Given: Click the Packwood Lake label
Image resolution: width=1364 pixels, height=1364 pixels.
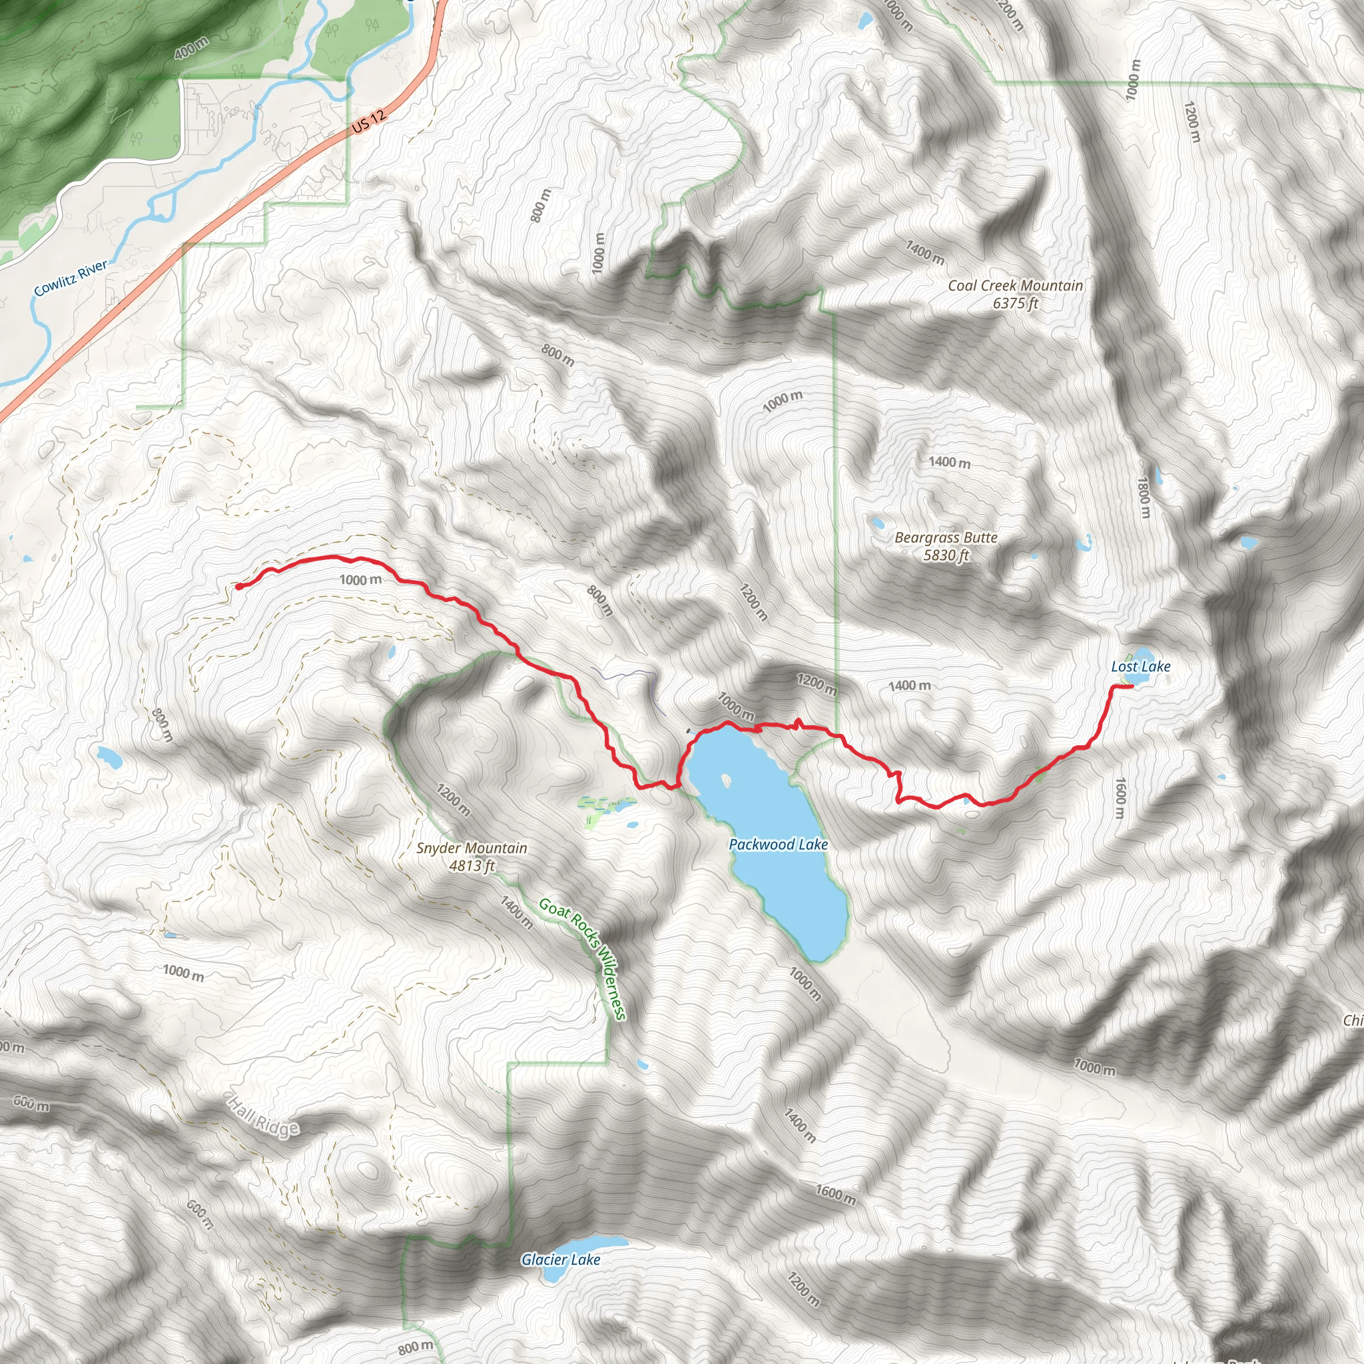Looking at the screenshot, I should point(778,845).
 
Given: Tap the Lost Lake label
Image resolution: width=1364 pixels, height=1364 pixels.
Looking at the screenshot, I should point(1140,667).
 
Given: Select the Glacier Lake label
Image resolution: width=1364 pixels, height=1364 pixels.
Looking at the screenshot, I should point(561,1260).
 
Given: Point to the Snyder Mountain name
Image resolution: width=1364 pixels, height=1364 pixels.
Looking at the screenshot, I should point(472,848).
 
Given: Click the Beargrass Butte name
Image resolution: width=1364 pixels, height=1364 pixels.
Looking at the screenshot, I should point(946,538).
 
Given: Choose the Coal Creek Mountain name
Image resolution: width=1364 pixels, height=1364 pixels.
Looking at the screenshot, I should point(1014,286).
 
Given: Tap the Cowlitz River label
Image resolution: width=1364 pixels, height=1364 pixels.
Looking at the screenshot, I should point(71,278).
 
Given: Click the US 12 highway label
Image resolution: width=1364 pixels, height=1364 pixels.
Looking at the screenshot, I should point(368,121).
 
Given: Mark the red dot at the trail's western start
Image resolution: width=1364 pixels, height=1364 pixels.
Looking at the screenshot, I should point(239,586).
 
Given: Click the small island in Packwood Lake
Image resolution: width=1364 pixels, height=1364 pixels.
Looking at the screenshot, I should point(727,780).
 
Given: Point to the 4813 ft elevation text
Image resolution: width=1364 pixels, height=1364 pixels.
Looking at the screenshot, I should point(472,866).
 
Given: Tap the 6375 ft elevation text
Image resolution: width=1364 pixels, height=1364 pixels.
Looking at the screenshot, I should point(1014,304).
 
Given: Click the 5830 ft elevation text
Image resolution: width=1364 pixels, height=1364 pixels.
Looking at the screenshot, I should point(946,555).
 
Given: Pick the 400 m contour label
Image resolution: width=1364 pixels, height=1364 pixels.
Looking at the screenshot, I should point(191,48).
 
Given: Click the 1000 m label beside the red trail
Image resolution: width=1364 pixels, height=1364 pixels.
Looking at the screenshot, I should point(360,580).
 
